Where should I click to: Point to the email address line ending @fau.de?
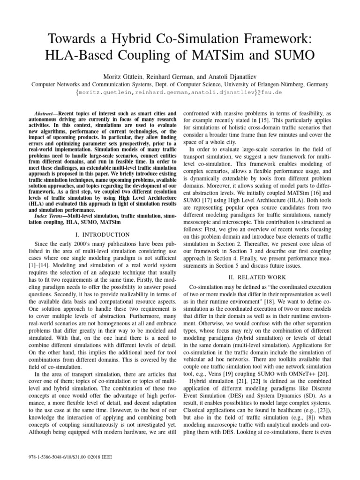coord(180,93)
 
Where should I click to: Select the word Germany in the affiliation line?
coord(316,84)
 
